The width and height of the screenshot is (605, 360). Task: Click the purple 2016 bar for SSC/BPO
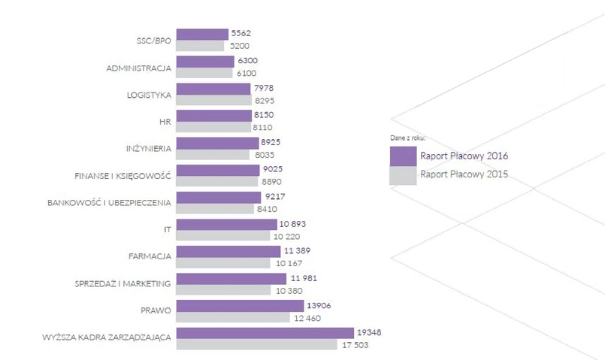201,35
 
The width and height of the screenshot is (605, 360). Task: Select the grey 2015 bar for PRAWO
232,318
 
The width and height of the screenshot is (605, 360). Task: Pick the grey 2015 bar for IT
222,236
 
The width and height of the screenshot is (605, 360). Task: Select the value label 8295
265,100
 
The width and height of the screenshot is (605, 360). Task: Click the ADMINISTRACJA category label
139,68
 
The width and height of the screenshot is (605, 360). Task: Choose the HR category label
165,122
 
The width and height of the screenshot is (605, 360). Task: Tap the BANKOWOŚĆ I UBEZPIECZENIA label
109,203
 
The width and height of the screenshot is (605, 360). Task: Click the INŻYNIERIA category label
149,149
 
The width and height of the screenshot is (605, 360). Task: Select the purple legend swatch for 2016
403,156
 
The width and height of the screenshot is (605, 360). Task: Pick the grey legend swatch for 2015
403,175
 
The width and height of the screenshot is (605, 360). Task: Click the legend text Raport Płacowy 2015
464,175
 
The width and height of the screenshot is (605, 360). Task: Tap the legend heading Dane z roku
408,139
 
